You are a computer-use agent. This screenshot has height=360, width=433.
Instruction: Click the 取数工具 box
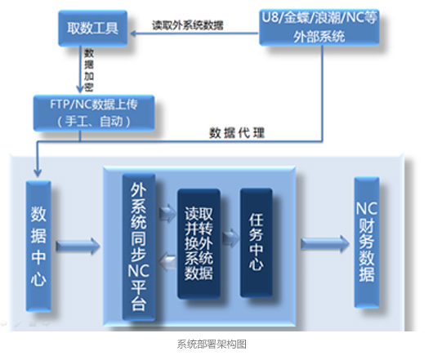[x=93, y=28]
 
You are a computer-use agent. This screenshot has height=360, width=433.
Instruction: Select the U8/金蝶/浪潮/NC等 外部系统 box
[x=319, y=27]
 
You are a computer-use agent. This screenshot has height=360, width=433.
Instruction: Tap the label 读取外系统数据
[x=188, y=25]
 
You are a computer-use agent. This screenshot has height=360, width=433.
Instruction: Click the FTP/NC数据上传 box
[x=94, y=113]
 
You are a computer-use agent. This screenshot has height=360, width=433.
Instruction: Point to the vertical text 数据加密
[x=89, y=70]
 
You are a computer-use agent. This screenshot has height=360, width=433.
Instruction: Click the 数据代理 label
[x=237, y=133]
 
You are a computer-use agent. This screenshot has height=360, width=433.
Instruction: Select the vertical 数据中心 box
[x=38, y=246]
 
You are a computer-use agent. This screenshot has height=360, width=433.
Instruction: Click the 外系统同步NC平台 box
[x=139, y=247]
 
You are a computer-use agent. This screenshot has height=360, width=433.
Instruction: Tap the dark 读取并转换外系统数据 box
[x=199, y=243]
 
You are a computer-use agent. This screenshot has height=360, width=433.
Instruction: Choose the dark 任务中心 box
[x=257, y=242]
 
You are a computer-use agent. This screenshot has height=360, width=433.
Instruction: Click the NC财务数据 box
[x=367, y=242]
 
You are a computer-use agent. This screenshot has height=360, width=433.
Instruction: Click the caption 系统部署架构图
[x=212, y=344]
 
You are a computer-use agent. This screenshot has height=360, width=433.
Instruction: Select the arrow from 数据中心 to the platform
[x=78, y=246]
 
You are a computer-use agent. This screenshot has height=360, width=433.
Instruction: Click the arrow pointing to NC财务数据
[x=325, y=243]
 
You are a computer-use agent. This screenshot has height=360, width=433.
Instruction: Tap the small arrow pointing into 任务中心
[x=231, y=237]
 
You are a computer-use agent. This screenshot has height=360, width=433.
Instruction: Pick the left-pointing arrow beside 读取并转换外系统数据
[x=167, y=262]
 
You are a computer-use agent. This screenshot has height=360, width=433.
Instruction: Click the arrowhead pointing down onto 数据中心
[x=38, y=173]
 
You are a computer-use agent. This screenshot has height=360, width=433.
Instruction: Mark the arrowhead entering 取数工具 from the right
[x=133, y=33]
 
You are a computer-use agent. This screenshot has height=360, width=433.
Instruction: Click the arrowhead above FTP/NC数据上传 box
[x=80, y=89]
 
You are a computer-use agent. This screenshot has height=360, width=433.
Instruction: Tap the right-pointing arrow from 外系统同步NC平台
[x=167, y=214]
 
